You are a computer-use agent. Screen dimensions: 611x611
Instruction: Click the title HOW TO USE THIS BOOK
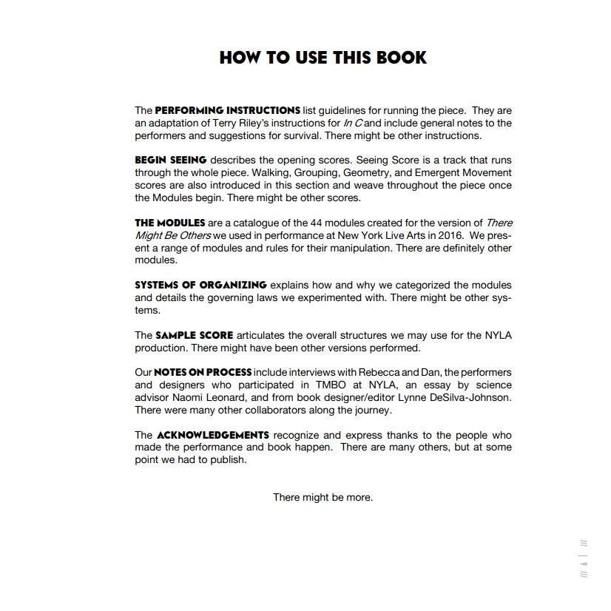[x=323, y=58]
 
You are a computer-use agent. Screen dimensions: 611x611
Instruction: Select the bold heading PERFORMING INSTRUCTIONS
[x=227, y=110]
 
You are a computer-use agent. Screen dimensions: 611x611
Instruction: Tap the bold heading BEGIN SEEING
[x=170, y=160]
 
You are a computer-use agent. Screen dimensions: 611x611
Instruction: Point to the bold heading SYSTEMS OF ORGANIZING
[x=200, y=285]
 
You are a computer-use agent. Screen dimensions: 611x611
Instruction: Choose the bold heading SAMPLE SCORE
[x=195, y=335]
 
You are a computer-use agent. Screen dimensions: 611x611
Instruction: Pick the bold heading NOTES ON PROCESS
[x=202, y=372]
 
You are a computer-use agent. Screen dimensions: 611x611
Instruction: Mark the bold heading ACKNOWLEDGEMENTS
[x=212, y=435]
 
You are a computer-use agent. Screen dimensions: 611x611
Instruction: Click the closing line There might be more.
[x=323, y=497]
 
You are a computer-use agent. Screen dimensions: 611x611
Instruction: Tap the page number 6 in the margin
[x=584, y=562]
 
